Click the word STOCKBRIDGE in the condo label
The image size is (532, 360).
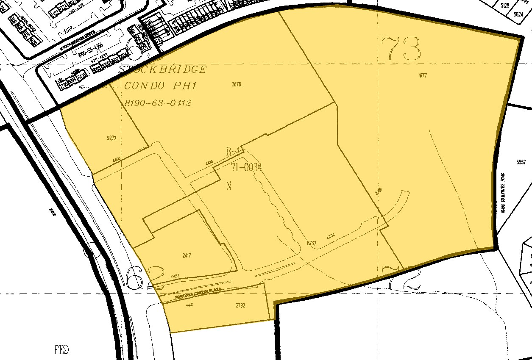tap(164, 69)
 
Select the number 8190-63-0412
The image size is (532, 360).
tap(158, 103)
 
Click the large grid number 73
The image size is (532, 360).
tap(401, 48)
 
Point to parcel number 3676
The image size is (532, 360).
tap(237, 84)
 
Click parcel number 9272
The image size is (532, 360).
tap(111, 138)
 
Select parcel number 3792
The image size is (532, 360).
tap(240, 305)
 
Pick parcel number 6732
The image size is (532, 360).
tap(312, 244)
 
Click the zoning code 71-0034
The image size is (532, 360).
tap(246, 168)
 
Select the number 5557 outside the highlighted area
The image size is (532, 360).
tap(521, 162)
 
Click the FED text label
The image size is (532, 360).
tap(61, 350)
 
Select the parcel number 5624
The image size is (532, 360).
tap(518, 14)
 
